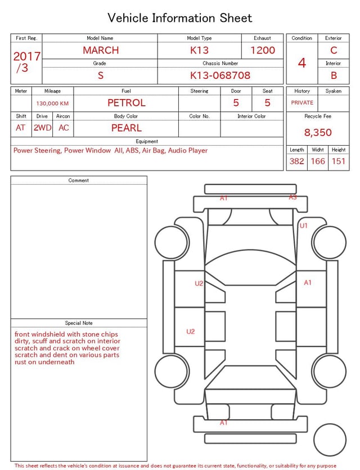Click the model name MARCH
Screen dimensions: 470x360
click(101, 50)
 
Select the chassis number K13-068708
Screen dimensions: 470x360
click(220, 75)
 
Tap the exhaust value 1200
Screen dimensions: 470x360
click(263, 50)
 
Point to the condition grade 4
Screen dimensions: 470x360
click(302, 62)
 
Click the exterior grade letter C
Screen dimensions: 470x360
click(334, 50)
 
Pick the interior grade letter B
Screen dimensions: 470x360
click(334, 75)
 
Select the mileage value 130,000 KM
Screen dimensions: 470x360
click(52, 104)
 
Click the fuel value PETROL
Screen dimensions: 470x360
click(126, 102)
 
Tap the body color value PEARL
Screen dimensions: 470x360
click(126, 128)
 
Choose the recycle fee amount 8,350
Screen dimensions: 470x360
click(318, 133)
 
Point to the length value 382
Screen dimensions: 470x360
click(296, 162)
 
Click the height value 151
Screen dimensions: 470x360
click(338, 162)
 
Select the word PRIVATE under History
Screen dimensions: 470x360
click(302, 103)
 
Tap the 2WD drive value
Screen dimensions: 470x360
click(42, 128)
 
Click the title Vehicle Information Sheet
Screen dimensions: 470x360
click(180, 18)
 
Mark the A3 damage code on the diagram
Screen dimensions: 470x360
click(292, 198)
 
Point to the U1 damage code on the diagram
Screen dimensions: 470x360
click(304, 226)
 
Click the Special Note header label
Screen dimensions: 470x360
click(79, 323)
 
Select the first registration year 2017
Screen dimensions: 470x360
click(26, 56)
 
